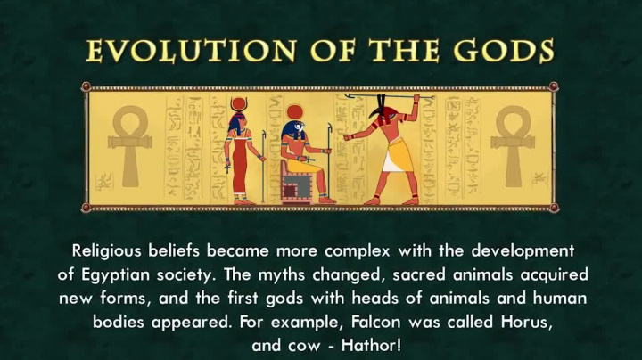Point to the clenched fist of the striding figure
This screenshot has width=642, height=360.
pos(349,136)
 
